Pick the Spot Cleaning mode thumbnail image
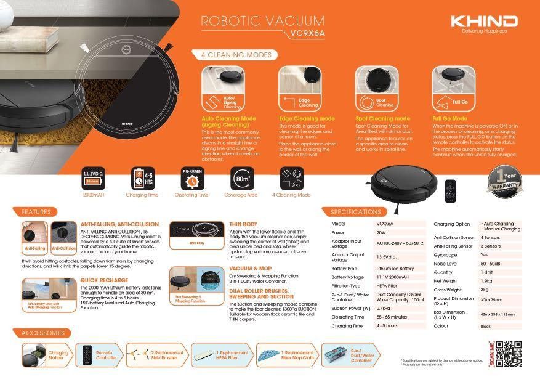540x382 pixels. tap(377, 89)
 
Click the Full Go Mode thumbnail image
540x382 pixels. tap(453, 89)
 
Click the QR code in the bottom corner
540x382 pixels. tap(510, 354)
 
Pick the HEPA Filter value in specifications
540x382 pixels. tap(387, 286)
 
